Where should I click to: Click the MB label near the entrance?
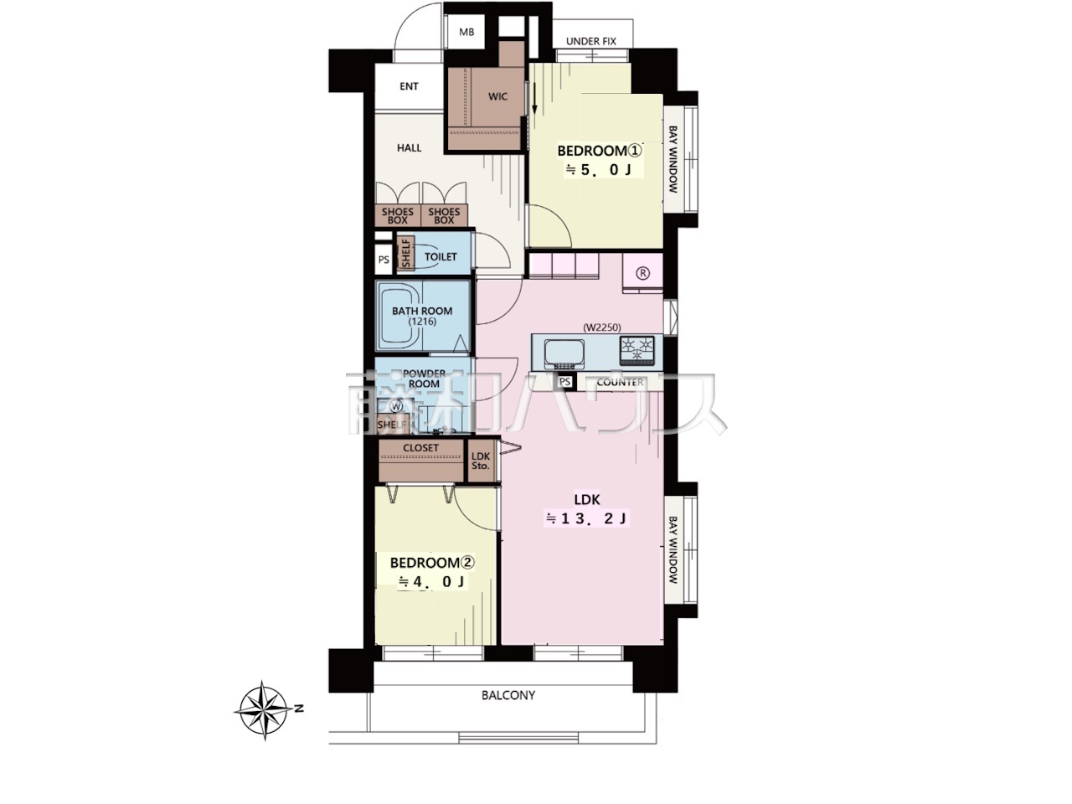point(466,32)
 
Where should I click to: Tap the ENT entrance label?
point(409,86)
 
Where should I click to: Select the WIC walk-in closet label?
point(497,96)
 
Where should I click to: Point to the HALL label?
point(410,148)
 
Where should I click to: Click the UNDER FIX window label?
point(591,42)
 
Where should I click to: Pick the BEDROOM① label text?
point(600,151)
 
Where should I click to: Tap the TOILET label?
point(441,257)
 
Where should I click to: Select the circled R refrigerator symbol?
point(642,273)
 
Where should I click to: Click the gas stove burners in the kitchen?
point(636,350)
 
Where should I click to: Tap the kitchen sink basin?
point(564,355)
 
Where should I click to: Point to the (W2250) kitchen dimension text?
point(602,328)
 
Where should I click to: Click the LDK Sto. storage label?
point(481,461)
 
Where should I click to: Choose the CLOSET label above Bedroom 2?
point(421,447)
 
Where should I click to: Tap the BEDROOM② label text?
point(432,563)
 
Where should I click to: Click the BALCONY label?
point(508,695)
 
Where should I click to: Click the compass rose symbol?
point(264,710)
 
